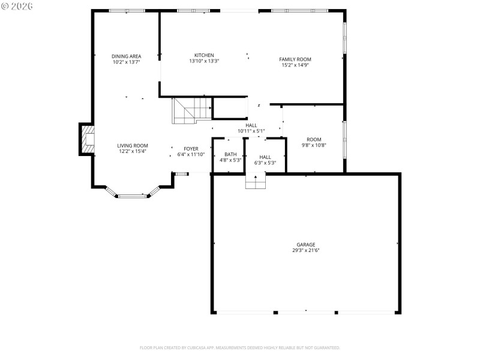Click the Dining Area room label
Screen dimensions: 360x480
[x=126, y=56]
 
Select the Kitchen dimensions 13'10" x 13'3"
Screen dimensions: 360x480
[x=204, y=61]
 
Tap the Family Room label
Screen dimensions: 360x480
[x=295, y=59]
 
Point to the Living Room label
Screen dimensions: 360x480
[x=132, y=145]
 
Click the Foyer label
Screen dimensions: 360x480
[x=191, y=148]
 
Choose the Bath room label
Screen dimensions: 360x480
[x=230, y=154]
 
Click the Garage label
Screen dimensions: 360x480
[x=305, y=244]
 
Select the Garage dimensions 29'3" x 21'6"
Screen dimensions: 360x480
[x=305, y=250]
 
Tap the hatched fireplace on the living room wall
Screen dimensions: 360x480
[x=88, y=139]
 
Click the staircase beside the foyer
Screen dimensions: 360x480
[x=191, y=110]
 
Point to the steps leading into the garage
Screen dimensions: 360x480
[x=256, y=181]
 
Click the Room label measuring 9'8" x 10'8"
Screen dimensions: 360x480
[x=314, y=139]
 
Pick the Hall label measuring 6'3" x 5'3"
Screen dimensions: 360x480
[x=265, y=157]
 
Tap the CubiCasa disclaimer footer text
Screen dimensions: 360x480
[x=240, y=347]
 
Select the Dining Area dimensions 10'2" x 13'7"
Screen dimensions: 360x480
[x=126, y=62]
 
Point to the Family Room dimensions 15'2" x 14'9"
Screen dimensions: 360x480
[x=295, y=65]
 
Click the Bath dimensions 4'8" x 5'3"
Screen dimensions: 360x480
[x=230, y=160]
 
